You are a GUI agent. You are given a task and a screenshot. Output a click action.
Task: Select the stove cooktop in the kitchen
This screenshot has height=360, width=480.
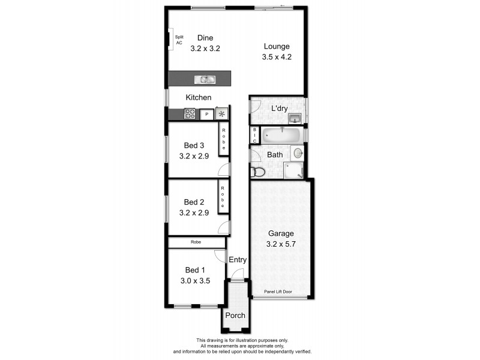click(190, 113)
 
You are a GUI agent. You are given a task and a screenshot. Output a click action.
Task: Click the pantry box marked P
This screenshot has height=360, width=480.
click(207, 113)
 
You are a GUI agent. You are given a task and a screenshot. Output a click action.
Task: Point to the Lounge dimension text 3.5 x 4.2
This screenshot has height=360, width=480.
click(276, 58)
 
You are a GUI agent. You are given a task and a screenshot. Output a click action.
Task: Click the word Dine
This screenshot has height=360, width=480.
click(197, 38)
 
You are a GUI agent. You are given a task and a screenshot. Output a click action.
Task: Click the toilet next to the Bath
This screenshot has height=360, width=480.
click(258, 172)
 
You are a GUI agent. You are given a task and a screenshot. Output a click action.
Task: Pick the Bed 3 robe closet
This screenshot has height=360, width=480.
click(223, 139)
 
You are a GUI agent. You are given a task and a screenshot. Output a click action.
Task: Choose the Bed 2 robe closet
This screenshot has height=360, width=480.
click(223, 196)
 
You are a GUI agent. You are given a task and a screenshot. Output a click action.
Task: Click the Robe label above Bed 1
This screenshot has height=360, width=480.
click(196, 242)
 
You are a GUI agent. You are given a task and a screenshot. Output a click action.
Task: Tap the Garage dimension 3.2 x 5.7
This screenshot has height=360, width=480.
click(280, 244)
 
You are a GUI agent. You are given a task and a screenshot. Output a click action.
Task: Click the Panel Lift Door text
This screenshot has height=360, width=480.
click(280, 292)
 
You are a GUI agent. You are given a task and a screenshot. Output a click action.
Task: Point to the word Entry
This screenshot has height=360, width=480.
click(238, 260)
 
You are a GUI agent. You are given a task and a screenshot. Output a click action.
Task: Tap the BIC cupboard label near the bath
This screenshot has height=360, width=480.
click(254, 135)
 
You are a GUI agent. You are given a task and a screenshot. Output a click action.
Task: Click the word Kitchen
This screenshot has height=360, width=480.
click(198, 97)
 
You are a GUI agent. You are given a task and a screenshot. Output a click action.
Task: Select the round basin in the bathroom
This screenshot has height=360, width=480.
click(297, 153)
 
